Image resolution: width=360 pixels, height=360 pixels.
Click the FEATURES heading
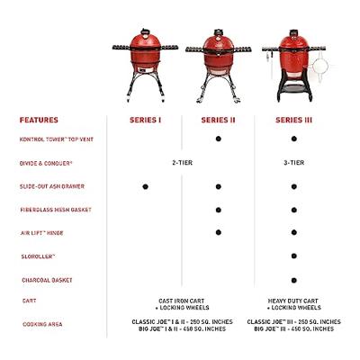point(40,120)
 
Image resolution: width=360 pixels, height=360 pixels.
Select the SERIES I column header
point(144,120)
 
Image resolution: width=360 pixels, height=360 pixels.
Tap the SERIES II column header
point(219,120)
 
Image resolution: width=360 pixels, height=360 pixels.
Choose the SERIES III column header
point(294,120)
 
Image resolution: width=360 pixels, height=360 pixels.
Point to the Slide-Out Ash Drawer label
point(53,186)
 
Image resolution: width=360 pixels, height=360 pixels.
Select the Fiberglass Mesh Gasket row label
point(56,210)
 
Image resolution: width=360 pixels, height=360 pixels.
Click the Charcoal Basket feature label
point(46,279)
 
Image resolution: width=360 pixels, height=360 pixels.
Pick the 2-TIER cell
point(182,163)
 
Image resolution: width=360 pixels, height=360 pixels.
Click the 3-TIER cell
point(294,163)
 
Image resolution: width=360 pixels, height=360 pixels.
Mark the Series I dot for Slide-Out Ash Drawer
point(144,186)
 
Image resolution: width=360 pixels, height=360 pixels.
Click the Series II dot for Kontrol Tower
point(219,139)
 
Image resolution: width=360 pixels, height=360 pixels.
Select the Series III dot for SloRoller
point(294,256)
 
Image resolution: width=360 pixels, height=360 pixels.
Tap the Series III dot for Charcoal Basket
point(294,279)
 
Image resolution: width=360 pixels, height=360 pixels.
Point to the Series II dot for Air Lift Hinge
point(219,233)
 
